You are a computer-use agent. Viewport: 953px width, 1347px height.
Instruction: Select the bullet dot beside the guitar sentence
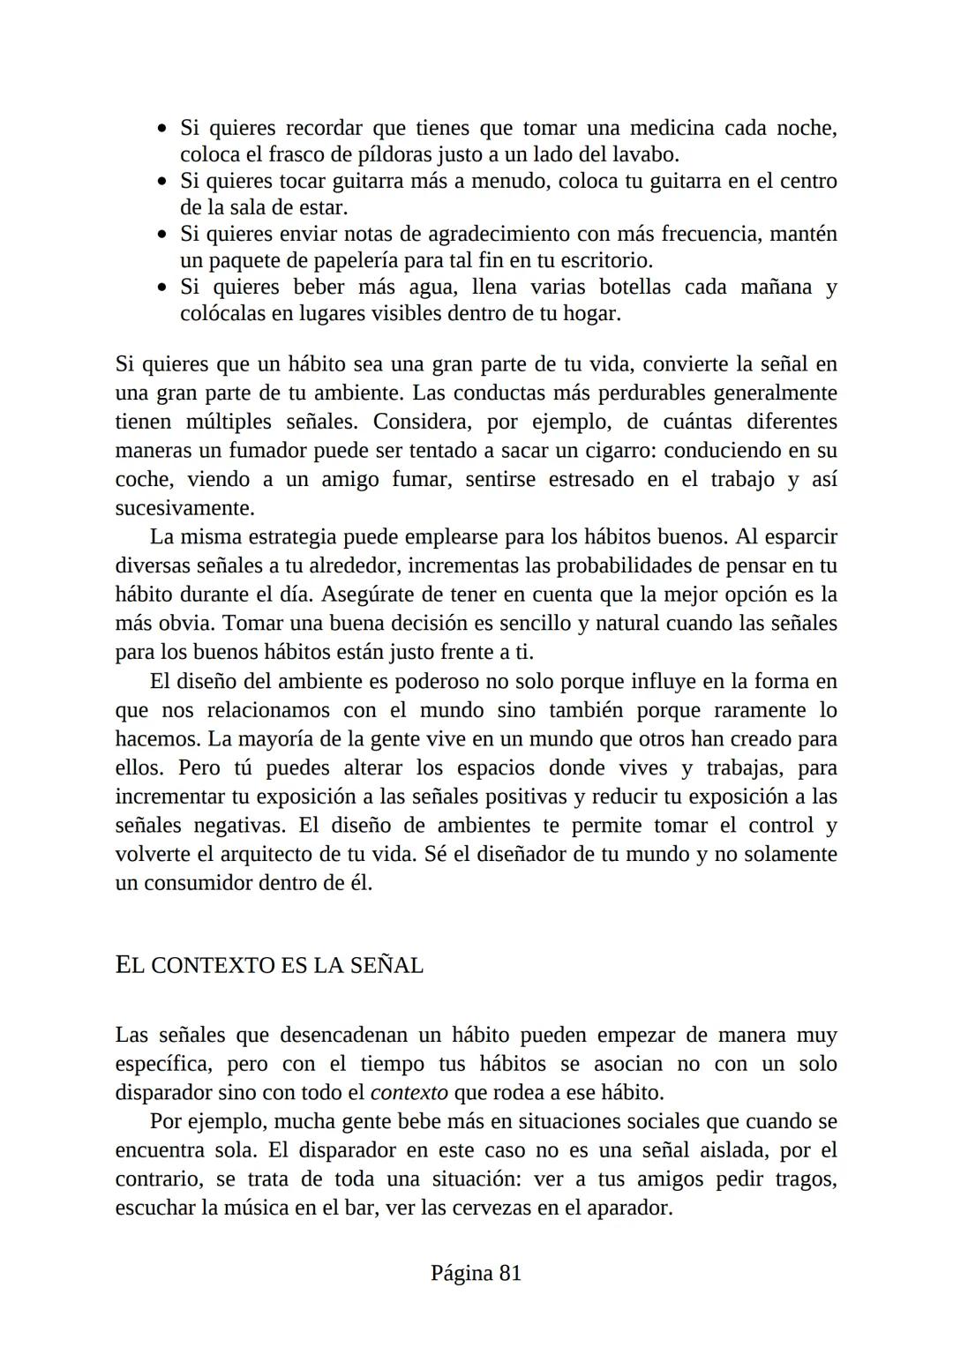tap(161, 183)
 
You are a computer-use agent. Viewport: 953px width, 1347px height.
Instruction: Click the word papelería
tap(350, 260)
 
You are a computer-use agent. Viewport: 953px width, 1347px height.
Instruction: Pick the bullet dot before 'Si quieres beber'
tap(161, 288)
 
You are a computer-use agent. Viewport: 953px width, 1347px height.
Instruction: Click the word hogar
tap(589, 313)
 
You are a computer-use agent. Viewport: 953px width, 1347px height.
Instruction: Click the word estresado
tap(591, 479)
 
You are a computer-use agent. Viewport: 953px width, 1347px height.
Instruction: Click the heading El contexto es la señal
tap(269, 965)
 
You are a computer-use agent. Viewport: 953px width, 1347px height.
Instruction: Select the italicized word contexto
tap(409, 1092)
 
